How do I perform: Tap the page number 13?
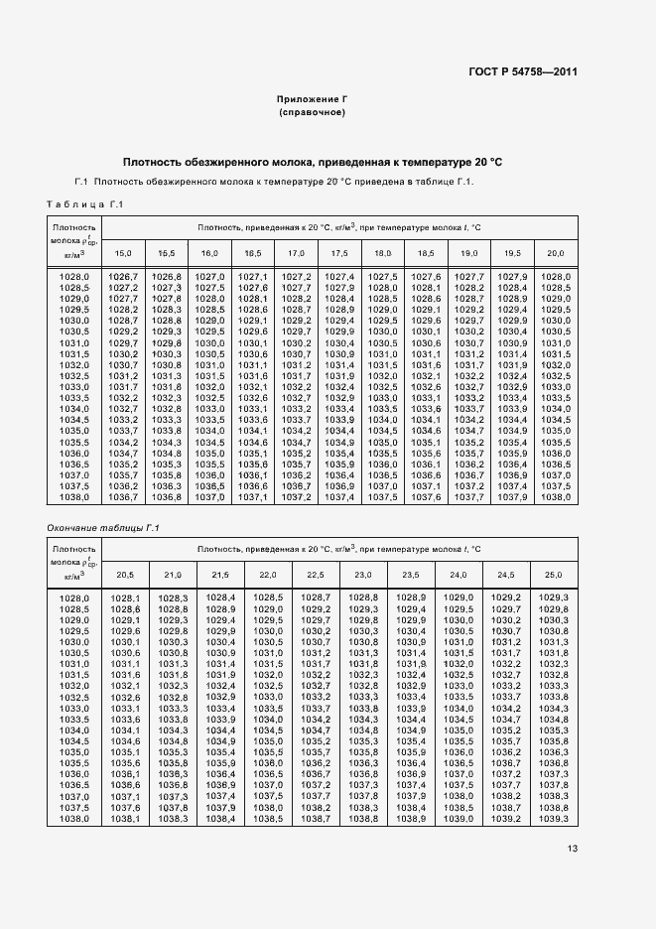point(573,849)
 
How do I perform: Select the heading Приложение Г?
point(312,100)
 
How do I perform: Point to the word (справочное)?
point(312,113)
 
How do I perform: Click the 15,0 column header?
point(124,254)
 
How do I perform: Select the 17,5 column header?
point(339,254)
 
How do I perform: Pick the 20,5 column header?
point(124,575)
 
